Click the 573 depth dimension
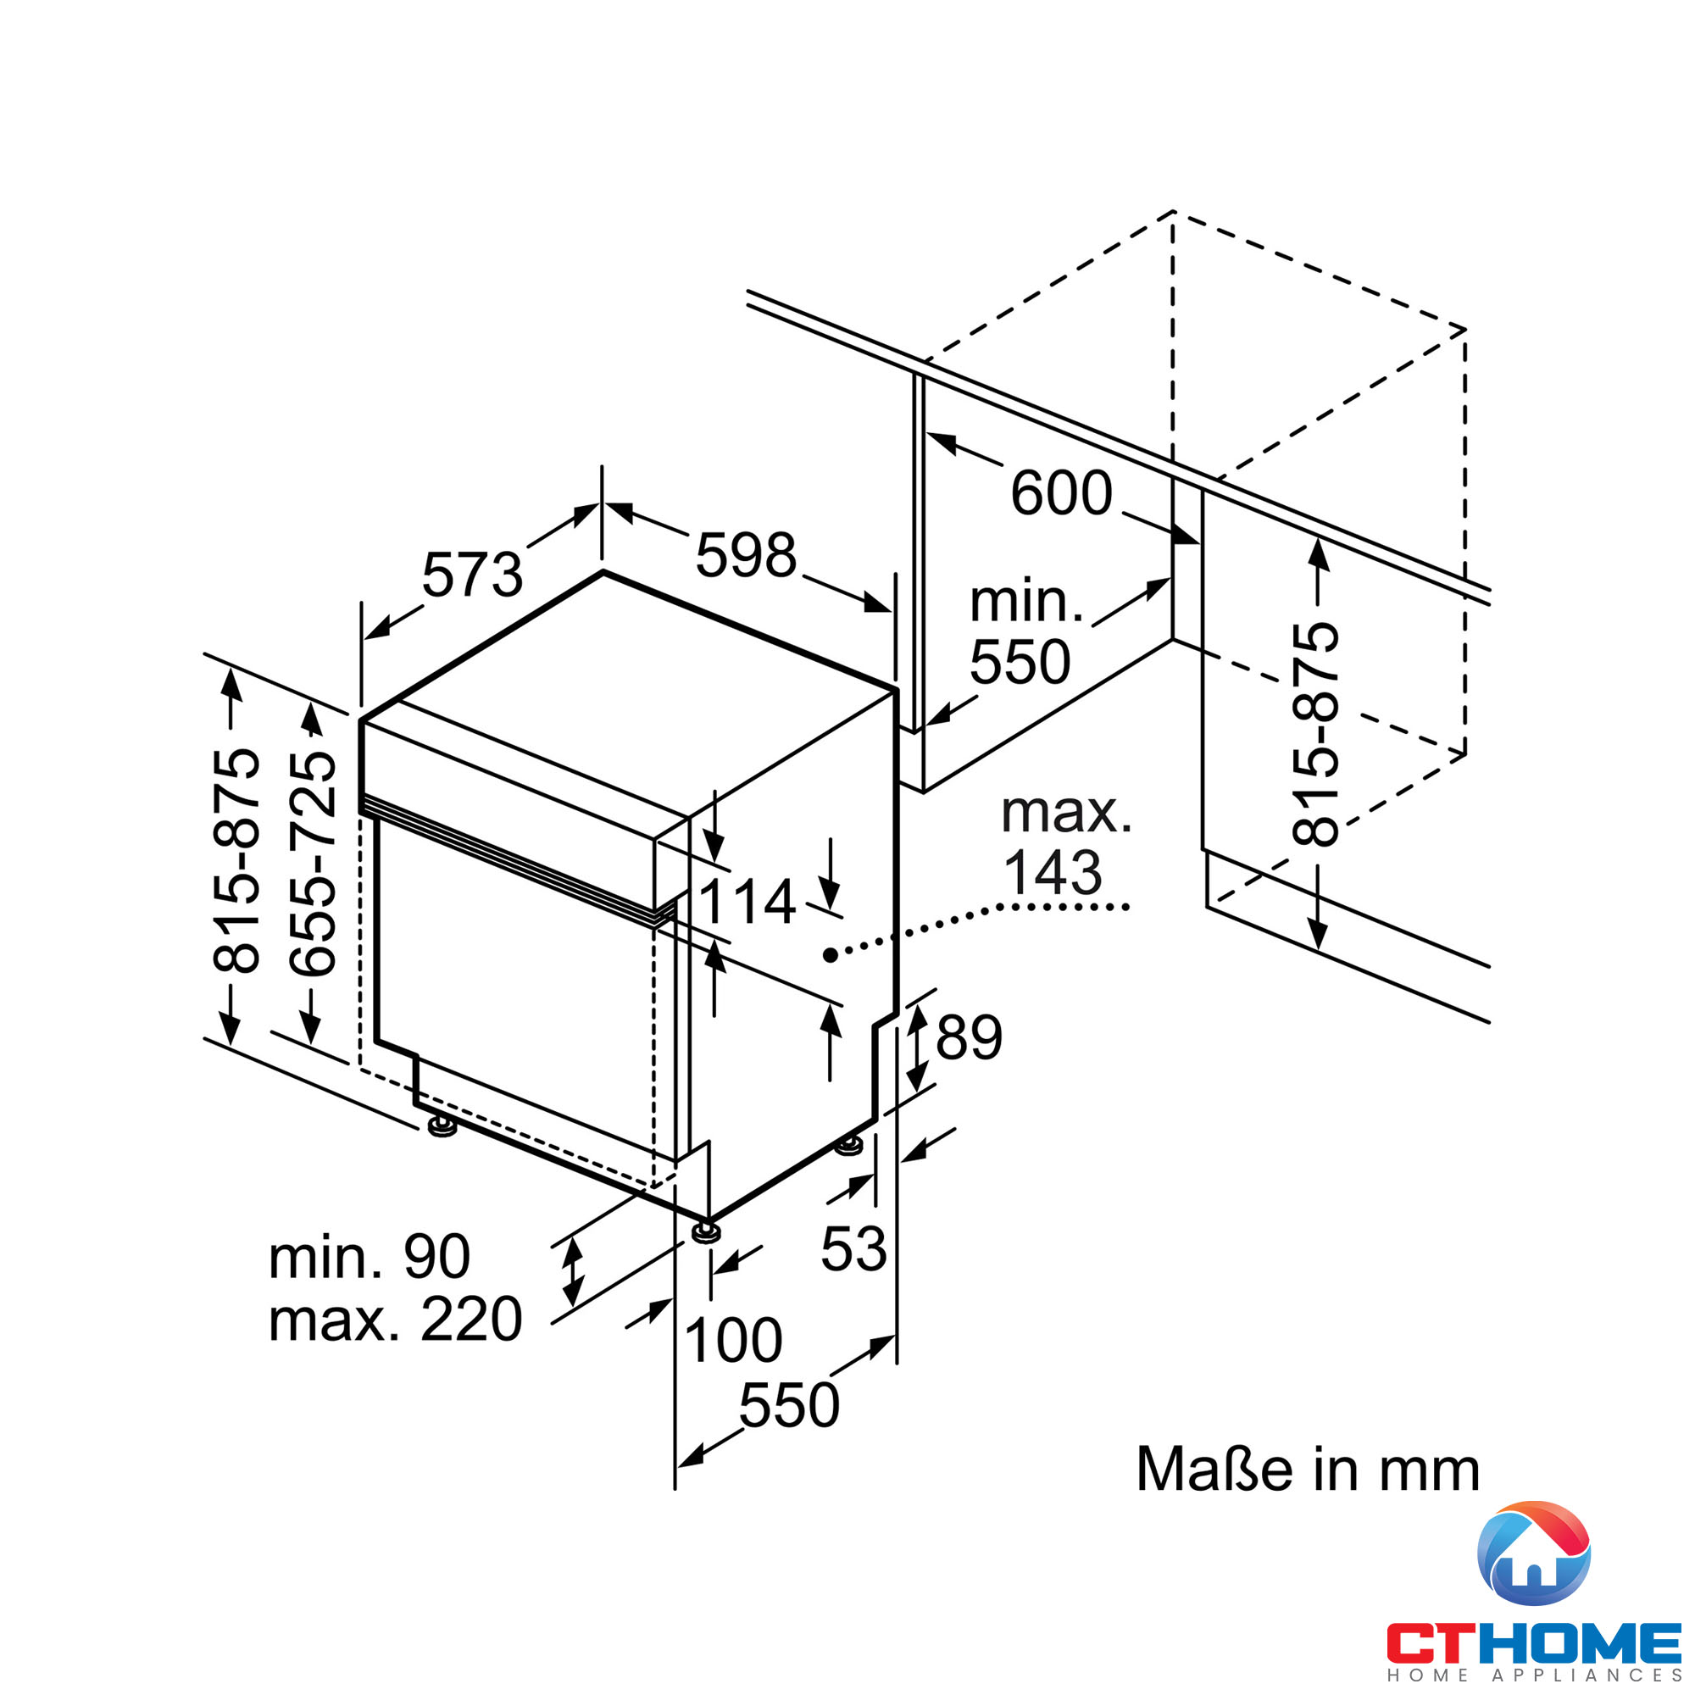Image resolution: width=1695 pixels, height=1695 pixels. click(472, 576)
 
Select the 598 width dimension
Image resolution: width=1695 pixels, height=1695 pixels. click(746, 556)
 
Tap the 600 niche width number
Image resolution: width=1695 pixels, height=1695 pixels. click(1062, 494)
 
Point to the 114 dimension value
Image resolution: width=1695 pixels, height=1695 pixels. click(747, 903)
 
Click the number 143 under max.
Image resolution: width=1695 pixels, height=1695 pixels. click(1052, 873)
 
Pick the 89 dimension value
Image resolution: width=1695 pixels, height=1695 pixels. click(969, 1038)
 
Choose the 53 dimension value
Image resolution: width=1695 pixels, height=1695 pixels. click(853, 1249)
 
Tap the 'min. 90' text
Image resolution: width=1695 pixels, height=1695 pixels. click(370, 1257)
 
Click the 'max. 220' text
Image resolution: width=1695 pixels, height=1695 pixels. click(396, 1320)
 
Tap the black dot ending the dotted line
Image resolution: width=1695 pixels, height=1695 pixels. click(829, 954)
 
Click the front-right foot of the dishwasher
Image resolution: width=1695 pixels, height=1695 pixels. click(705, 1232)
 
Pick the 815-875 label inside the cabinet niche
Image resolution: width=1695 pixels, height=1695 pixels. click(1316, 734)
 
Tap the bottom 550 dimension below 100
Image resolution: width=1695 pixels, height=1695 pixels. click(789, 1405)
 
